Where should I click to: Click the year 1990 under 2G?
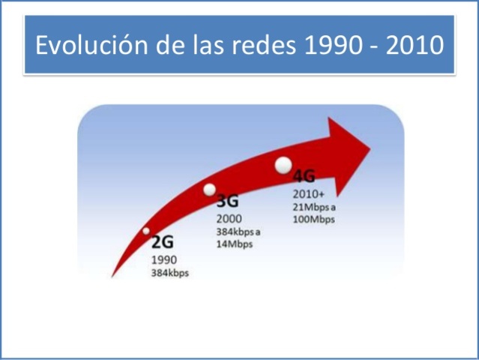(x=164, y=259)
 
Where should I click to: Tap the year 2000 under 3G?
(x=229, y=218)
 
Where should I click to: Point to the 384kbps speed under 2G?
(x=170, y=273)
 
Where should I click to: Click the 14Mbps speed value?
(x=235, y=244)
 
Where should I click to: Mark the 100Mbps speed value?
(x=313, y=220)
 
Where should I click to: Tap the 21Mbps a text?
(x=313, y=208)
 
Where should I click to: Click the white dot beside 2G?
(x=146, y=231)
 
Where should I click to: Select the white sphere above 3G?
(x=210, y=188)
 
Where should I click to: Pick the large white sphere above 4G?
(x=283, y=165)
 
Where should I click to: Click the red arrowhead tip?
(x=369, y=144)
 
